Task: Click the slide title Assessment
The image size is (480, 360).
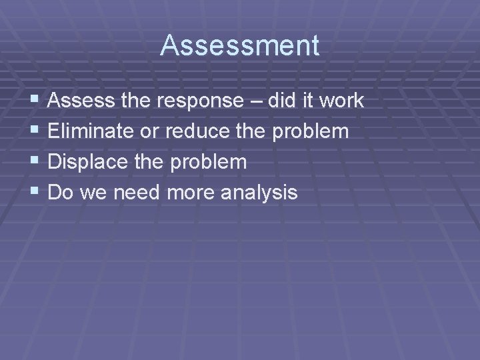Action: pyautogui.click(x=240, y=46)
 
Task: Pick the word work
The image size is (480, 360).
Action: pyautogui.click(x=341, y=101)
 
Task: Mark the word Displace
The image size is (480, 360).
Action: pyautogui.click(x=86, y=162)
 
